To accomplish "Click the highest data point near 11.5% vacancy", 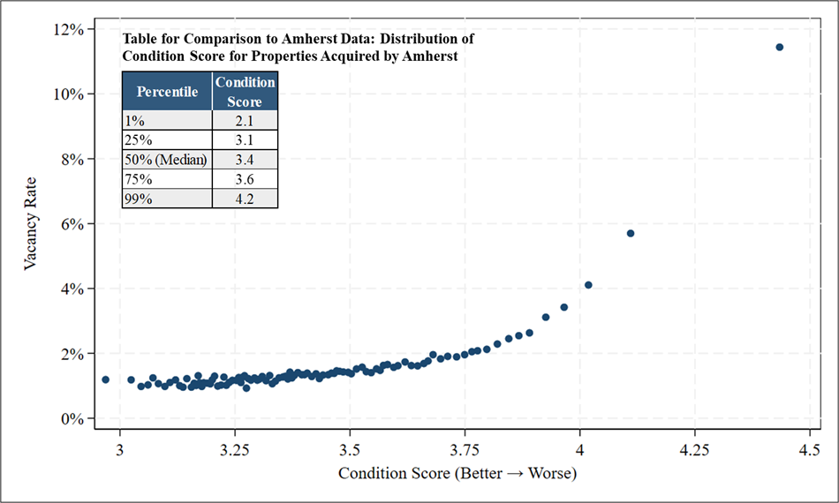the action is pos(779,47).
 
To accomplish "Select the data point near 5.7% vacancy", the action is pos(631,233).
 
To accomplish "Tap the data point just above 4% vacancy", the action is pos(588,285).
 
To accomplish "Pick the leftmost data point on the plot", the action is pos(105,379).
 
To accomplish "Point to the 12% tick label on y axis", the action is pos(69,29).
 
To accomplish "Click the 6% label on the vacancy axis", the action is pos(72,224).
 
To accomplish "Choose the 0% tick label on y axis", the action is pos(72,418).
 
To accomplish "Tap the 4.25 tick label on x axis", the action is pos(694,449).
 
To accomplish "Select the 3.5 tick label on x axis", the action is pos(350,449).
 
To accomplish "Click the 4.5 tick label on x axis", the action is pos(809,449).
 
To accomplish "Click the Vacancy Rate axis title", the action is pos(30,223).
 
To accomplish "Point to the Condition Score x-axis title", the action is pos(457,473).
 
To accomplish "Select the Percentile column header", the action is pos(167,92).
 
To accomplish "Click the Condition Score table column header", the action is pos(245,92).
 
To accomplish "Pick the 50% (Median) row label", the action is pos(166,160).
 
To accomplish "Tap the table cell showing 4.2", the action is pos(245,199).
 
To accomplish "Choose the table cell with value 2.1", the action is pos(245,120).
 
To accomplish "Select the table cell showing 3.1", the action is pos(245,139).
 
